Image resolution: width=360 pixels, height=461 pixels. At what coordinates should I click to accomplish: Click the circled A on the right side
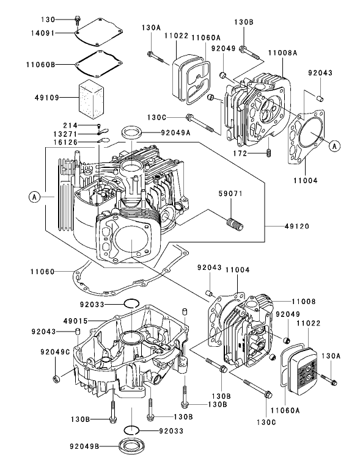click(x=333, y=145)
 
